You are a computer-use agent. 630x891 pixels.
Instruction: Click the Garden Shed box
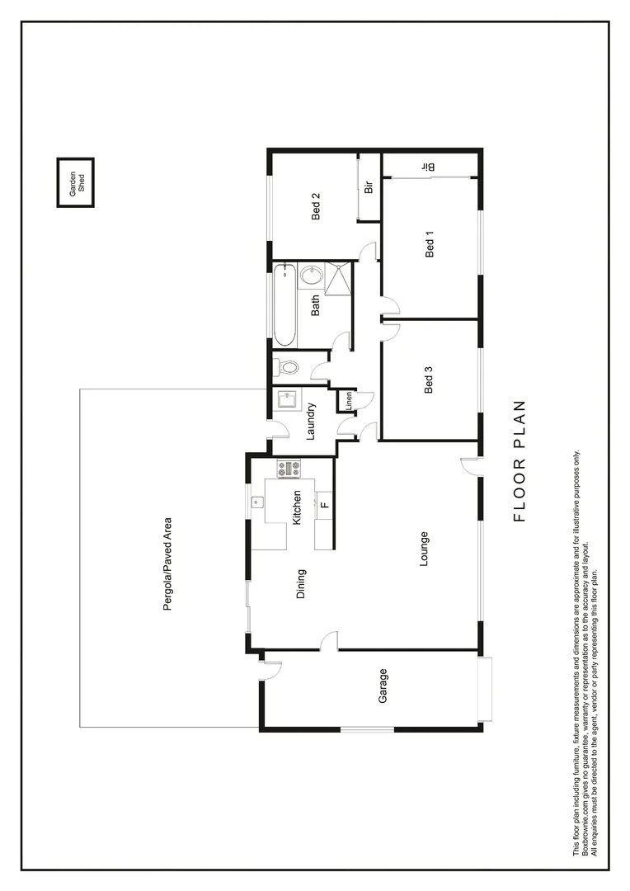(x=75, y=182)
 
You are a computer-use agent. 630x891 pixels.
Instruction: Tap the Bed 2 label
(x=316, y=206)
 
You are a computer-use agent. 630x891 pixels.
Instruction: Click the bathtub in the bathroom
(x=284, y=304)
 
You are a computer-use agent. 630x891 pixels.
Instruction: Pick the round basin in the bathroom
(x=312, y=276)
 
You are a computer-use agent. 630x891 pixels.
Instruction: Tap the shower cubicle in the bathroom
(x=337, y=277)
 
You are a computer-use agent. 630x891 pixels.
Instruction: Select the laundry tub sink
(x=288, y=400)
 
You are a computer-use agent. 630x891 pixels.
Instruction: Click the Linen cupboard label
(x=349, y=401)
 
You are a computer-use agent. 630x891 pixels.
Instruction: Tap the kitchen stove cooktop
(x=289, y=469)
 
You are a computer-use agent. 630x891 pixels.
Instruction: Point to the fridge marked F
(x=324, y=503)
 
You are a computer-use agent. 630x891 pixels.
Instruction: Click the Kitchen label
(x=297, y=507)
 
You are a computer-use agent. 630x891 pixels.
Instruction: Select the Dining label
(x=301, y=583)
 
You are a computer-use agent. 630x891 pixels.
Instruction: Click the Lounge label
(x=423, y=548)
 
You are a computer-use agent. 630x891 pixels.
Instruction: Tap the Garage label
(x=383, y=686)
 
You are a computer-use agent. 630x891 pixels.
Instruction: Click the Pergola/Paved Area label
(x=167, y=563)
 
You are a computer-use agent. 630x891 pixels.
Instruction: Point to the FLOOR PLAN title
(x=519, y=461)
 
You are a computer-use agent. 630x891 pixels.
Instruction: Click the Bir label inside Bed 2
(x=369, y=186)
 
